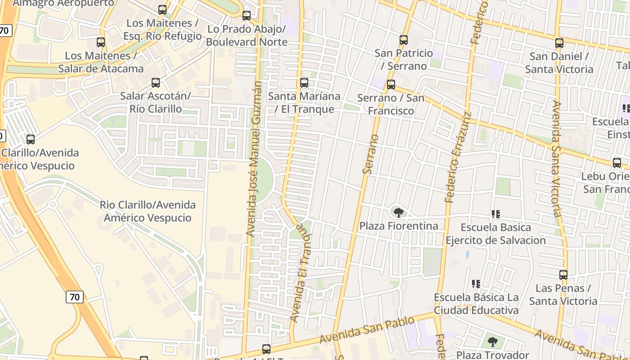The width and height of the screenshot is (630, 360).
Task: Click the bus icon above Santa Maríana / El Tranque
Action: tap(304, 83)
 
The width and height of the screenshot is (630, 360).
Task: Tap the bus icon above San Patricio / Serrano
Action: tap(404, 40)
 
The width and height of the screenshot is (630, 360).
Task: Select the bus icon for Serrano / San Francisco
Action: tap(391, 85)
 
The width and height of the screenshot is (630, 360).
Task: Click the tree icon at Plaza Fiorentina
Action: tap(398, 212)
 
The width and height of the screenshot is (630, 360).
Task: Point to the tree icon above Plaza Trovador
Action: tap(493, 342)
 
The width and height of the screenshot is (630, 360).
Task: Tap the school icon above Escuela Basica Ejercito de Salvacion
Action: tap(496, 214)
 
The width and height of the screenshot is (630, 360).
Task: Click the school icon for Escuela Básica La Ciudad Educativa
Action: tap(476, 284)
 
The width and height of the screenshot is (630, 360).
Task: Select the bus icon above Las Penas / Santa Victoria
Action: tap(563, 274)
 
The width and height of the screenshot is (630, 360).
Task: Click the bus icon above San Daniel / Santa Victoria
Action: tap(559, 43)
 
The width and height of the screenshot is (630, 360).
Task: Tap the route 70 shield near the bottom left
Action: tap(75, 297)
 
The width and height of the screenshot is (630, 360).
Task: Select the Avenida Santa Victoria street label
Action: tap(556, 158)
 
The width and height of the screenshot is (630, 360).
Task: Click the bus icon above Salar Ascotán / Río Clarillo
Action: tap(156, 83)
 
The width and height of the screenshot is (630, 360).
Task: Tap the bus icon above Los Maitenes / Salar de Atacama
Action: tap(101, 42)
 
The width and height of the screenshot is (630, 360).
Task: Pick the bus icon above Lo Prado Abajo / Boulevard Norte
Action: tap(247, 16)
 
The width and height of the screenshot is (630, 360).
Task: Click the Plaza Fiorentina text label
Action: tap(399, 226)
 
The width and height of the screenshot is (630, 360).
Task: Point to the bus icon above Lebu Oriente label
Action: tap(617, 162)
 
